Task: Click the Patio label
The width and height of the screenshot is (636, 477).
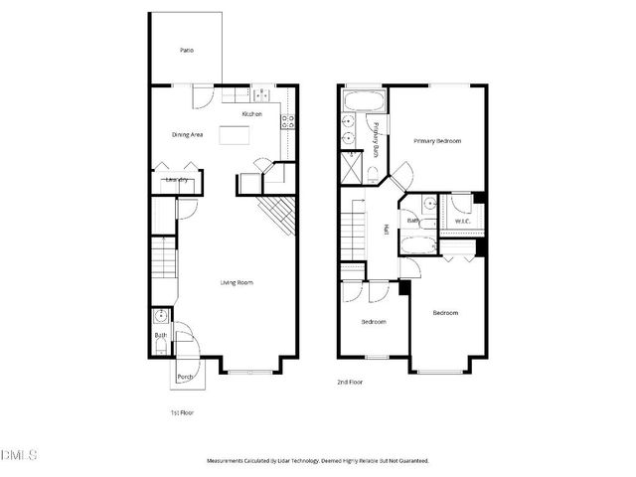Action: point(186,50)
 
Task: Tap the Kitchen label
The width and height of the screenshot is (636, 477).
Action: point(251,114)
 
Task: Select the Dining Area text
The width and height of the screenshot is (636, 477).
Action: point(188,134)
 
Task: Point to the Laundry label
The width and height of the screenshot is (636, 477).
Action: point(178,180)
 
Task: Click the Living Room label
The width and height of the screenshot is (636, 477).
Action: point(237,283)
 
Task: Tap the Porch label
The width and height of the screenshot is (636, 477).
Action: point(185,377)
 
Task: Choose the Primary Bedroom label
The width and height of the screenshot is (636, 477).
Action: point(437,141)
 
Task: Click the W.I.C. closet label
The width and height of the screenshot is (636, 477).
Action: point(462,221)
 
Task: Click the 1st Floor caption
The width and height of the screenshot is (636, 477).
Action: point(182,411)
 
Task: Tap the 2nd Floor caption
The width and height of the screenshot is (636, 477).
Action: point(350,382)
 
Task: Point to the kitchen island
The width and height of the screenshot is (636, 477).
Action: point(235,135)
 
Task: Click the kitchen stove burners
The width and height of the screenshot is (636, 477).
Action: point(287,122)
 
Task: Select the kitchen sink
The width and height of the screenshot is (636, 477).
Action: point(262,95)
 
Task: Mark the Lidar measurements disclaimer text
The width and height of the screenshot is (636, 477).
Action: point(317,461)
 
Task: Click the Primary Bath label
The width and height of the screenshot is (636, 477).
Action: point(377,138)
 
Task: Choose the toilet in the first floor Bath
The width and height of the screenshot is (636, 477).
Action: point(162,318)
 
